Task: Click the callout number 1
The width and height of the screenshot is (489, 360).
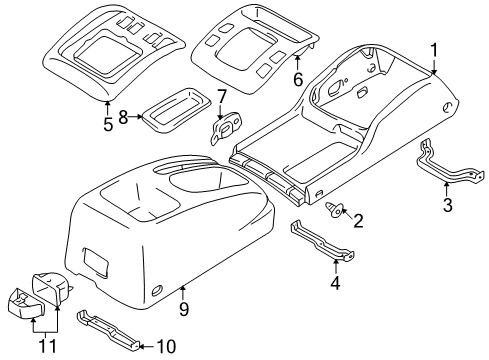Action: (x=434, y=49)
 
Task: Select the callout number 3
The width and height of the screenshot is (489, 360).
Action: (x=447, y=205)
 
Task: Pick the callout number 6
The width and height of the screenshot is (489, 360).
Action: (x=269, y=77)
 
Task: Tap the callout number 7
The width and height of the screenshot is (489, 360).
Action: (x=221, y=97)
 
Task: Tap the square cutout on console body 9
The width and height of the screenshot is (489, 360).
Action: (x=98, y=263)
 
